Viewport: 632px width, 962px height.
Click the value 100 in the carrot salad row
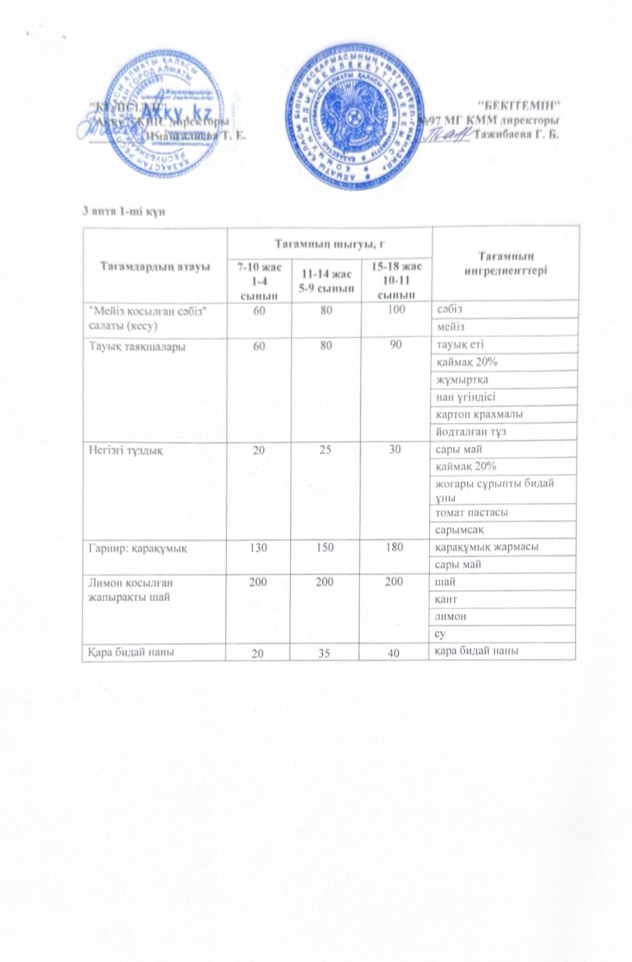394,309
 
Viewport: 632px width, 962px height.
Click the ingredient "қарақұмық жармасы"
485,547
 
